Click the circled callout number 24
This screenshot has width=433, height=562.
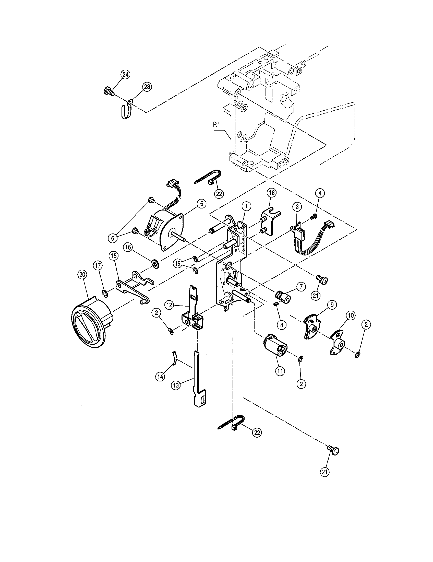point(125,75)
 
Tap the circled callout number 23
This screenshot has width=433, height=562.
point(147,86)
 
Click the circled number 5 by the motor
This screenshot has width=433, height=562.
point(201,204)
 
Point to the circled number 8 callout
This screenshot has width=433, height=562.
point(282,325)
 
